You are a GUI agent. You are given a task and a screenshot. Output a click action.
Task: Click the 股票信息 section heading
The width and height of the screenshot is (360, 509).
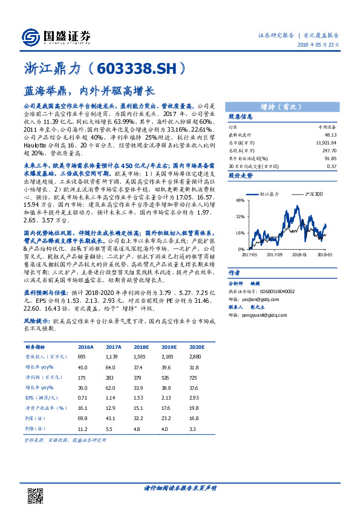[240, 117]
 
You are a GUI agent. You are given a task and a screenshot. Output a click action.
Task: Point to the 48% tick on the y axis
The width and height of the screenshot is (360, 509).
[240, 199]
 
